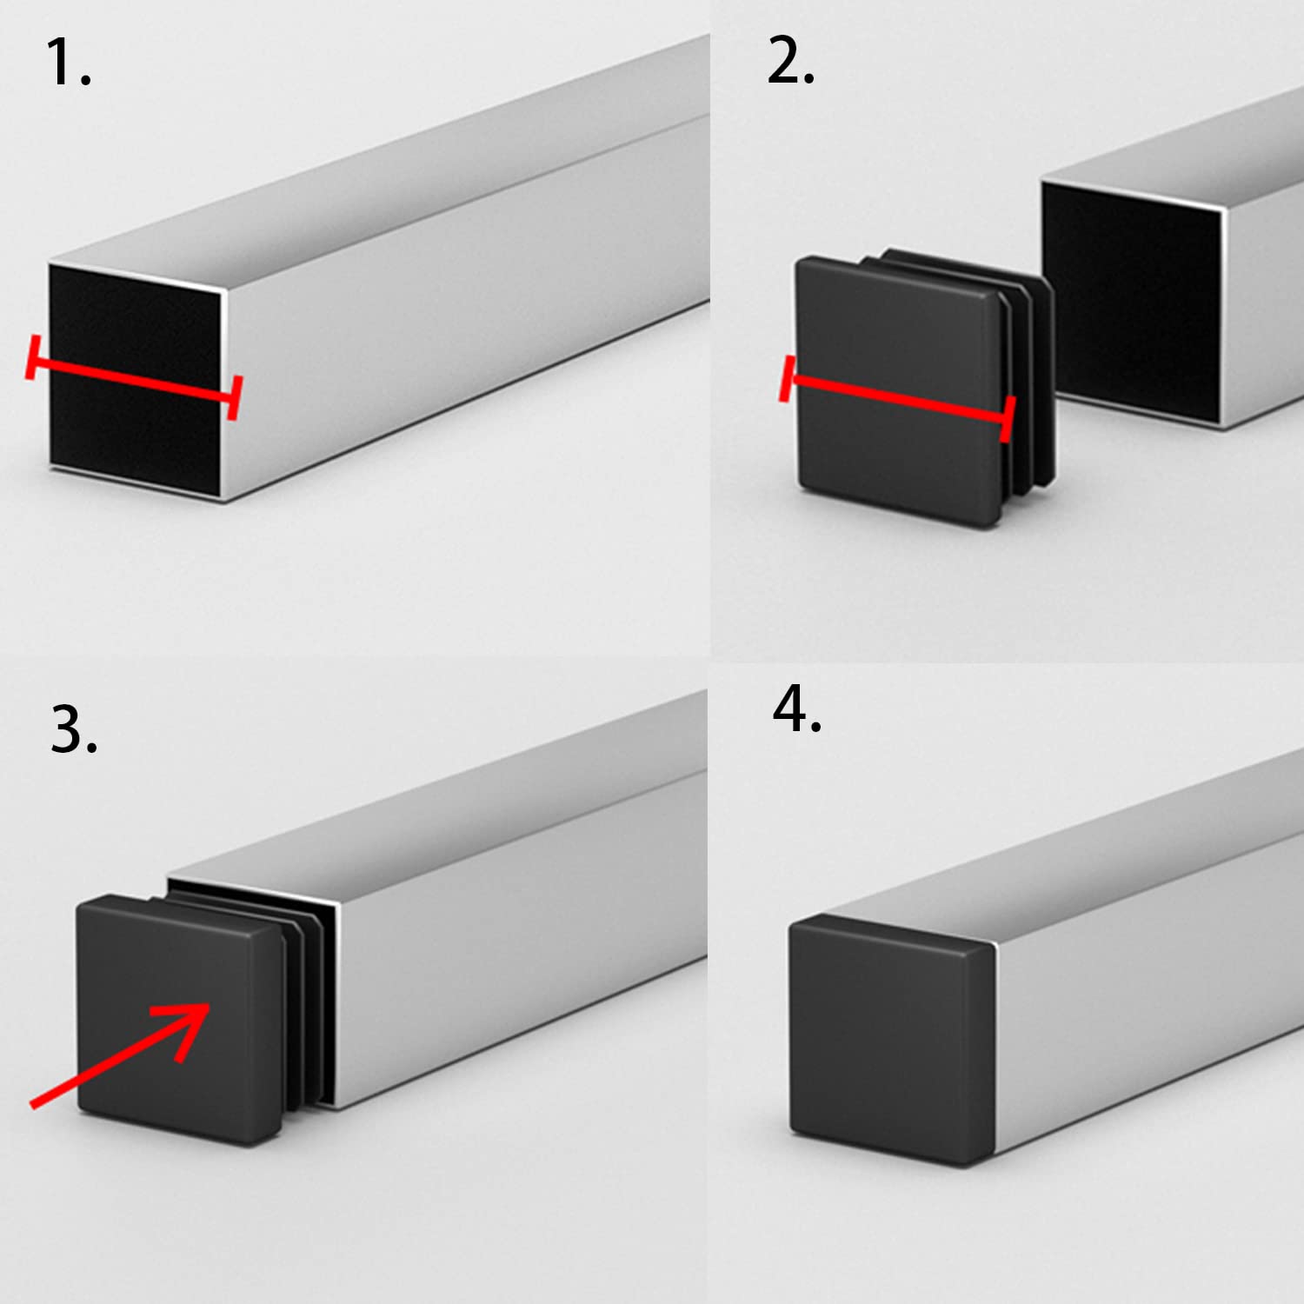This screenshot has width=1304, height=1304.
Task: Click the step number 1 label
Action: click(x=67, y=63)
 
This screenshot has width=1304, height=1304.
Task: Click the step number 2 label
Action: click(x=789, y=63)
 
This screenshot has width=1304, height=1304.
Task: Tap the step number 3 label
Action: click(x=73, y=730)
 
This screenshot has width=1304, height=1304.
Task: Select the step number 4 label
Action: click(x=796, y=709)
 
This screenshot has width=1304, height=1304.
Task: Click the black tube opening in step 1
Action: click(x=135, y=322)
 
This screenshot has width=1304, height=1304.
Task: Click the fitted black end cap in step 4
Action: click(x=891, y=1039)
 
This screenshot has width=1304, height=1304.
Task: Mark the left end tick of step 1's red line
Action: click(x=32, y=356)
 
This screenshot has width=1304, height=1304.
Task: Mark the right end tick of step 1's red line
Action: click(x=233, y=398)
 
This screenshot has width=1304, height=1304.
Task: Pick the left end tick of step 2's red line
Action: click(x=788, y=378)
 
